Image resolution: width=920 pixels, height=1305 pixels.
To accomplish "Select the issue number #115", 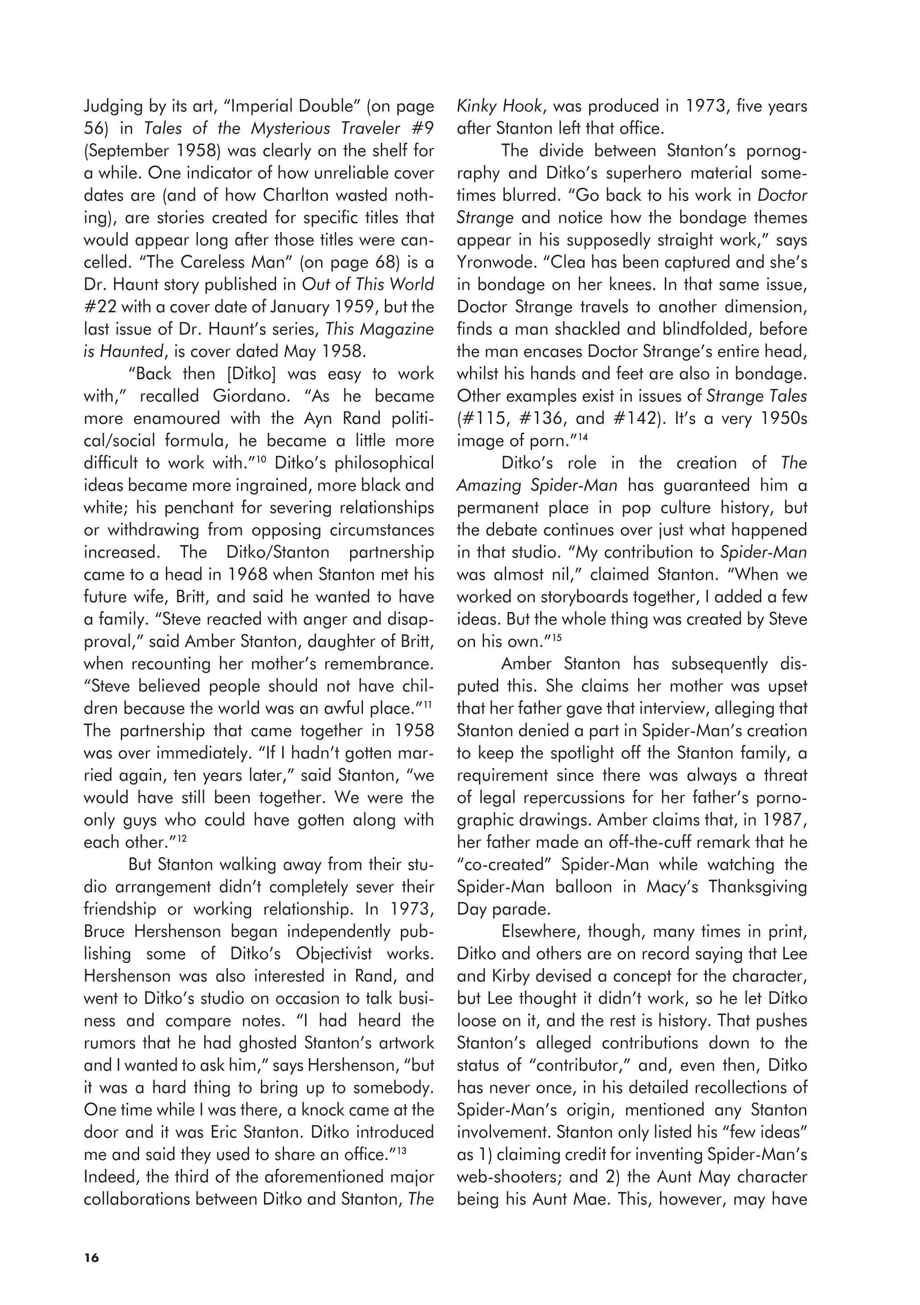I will click(x=483, y=419).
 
